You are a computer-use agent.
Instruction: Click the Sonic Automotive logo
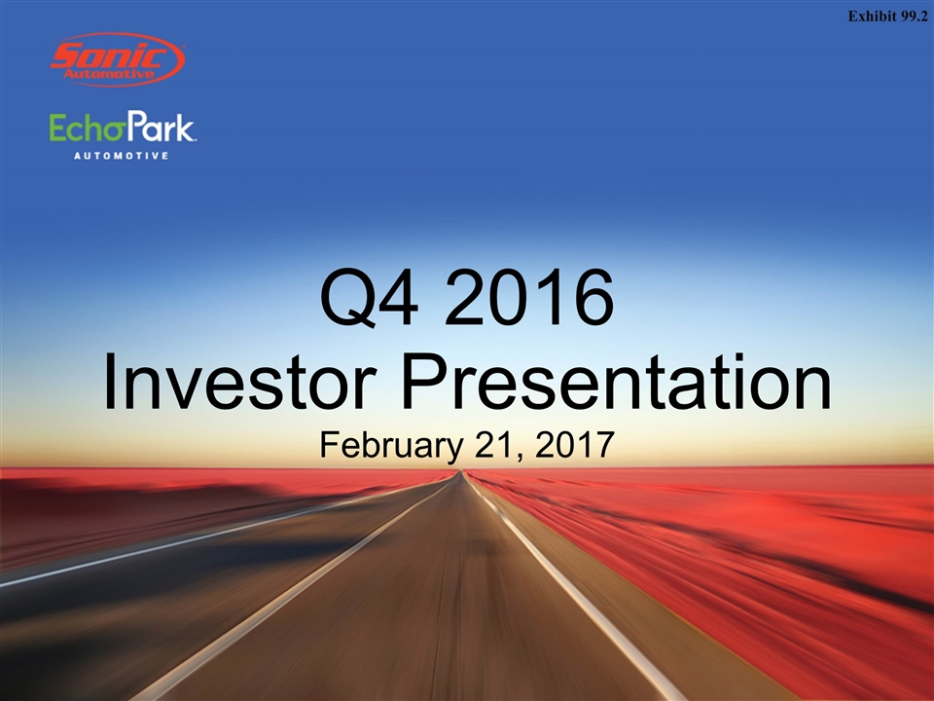click(x=118, y=59)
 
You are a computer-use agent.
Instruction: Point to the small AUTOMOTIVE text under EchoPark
click(x=121, y=156)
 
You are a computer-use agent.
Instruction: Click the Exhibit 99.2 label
click(x=887, y=17)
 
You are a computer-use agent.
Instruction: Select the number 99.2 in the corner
click(x=915, y=17)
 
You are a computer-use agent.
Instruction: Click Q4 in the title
click(x=369, y=298)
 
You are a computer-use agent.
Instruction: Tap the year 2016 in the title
click(x=529, y=297)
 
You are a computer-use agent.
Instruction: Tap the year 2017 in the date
click(x=574, y=445)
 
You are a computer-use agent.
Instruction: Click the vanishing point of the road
click(x=459, y=471)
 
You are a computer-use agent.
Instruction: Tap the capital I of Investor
click(x=109, y=382)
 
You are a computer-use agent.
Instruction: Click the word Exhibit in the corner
click(x=872, y=17)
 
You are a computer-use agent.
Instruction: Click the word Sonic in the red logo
click(x=109, y=57)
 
